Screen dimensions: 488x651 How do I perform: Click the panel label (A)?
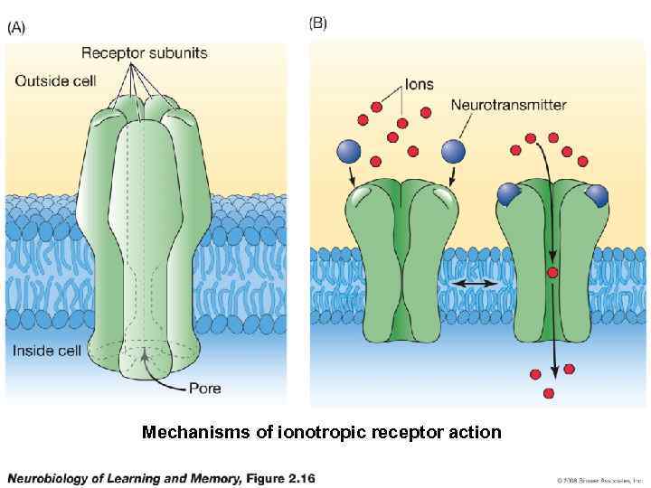coord(17,27)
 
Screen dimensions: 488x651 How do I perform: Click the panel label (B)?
coord(318,23)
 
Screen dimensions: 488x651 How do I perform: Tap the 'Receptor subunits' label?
coord(144,52)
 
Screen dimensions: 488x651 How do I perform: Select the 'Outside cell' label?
coord(55,80)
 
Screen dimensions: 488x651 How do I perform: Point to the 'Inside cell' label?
coord(47,351)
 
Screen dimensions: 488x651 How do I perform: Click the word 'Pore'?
coord(204,389)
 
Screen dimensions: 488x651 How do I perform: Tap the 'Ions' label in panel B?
coord(419,84)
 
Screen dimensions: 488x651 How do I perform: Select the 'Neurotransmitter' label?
coord(508,105)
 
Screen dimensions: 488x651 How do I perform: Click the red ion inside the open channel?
coord(552,272)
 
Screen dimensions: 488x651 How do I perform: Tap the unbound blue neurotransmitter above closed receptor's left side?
coord(349,151)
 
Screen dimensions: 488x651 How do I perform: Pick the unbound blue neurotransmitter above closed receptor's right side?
coord(454,151)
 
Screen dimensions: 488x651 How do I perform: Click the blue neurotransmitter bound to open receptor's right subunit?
coord(597,193)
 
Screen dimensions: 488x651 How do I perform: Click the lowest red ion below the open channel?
coord(549,393)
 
